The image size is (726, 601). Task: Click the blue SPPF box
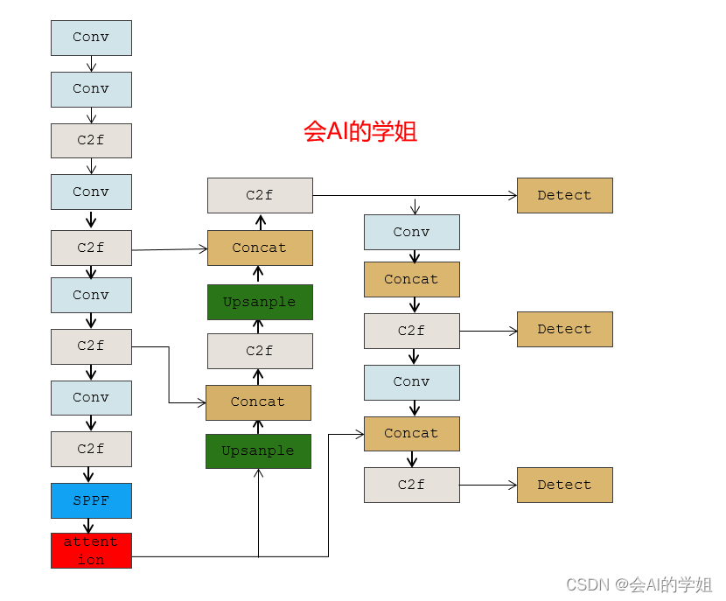91,500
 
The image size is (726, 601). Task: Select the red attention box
91,550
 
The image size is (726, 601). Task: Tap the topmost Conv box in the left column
91,38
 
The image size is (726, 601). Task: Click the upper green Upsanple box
260,302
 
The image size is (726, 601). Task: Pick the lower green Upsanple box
258,451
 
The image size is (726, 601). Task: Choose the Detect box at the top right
564,195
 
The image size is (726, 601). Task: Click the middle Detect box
564,329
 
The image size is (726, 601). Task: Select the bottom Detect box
564,485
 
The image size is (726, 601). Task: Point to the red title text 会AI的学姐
360,131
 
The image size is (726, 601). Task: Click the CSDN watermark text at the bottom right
639,584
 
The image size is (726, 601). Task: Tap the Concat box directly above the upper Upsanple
260,248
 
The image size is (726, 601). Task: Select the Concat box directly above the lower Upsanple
258,402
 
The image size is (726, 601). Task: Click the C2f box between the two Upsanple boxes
260,351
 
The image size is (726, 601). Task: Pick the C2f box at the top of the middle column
260,195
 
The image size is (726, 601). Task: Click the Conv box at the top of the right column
411,232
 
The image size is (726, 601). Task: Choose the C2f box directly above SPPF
91,449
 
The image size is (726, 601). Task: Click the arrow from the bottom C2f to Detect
488,485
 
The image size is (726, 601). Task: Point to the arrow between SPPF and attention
89,526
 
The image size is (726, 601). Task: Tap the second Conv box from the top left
91,89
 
